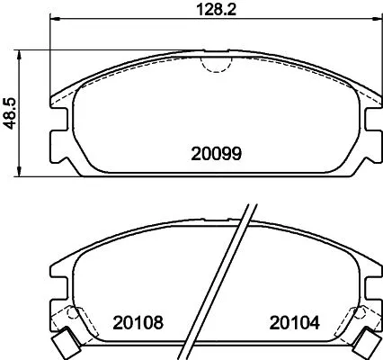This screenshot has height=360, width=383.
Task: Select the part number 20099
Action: pyautogui.click(x=217, y=154)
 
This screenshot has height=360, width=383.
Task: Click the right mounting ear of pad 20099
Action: pyautogui.click(x=370, y=135)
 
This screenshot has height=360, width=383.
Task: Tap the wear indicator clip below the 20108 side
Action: pyautogui.click(x=63, y=343)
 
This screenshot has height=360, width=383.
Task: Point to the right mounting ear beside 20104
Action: pyautogui.click(x=371, y=303)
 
